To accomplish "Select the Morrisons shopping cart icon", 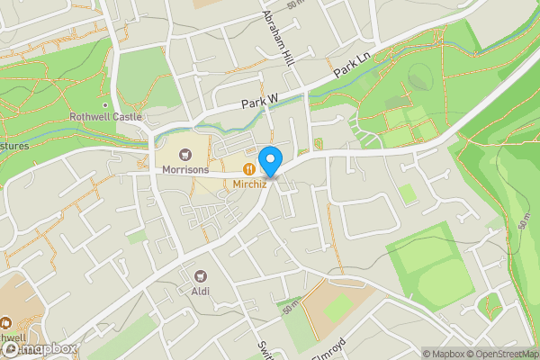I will click(186, 154).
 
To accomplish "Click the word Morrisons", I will click(186, 169).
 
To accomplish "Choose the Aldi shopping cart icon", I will click(200, 275).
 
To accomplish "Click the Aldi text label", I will click(200, 291).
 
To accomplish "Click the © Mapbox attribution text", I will click(445, 354).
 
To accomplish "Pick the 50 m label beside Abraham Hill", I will click(294, 5).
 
